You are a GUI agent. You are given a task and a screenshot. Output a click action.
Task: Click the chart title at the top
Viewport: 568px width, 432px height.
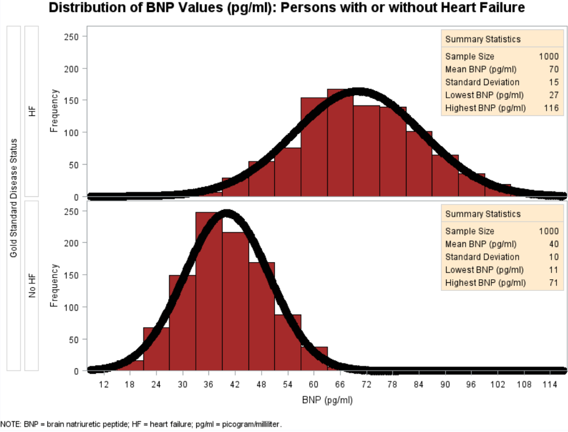coord(286,8)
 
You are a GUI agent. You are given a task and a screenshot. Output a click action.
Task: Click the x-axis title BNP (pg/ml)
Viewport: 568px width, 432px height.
coord(328,400)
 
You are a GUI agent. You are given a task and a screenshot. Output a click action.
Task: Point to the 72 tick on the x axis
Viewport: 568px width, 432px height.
coord(366,385)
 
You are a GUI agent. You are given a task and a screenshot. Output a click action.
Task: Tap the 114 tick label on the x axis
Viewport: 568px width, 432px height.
coord(550,385)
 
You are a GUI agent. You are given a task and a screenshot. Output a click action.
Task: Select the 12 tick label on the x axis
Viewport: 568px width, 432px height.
coord(104,385)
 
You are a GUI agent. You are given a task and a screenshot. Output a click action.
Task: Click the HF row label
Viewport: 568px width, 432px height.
coord(32,111)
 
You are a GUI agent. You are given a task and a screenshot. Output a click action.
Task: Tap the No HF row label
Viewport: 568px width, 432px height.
coord(32,286)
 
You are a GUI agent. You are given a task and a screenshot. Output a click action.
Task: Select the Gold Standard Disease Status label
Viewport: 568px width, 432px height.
coord(13,198)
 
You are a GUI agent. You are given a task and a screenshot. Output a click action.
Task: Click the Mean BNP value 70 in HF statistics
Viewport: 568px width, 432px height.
coord(553,69)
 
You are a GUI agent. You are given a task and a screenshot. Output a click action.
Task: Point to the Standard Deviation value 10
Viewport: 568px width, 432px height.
coord(553,257)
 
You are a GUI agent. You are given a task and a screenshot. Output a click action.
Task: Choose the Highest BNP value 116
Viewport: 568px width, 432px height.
coord(551,109)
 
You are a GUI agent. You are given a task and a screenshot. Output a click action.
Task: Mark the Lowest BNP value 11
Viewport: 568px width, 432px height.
coord(553,270)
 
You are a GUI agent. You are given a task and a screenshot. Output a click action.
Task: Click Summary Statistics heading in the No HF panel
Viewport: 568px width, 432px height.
coord(483,214)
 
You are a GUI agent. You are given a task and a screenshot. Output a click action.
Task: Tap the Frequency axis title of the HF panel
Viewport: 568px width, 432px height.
coord(55,111)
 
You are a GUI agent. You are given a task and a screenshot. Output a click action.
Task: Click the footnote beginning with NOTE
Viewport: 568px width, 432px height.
coord(142,425)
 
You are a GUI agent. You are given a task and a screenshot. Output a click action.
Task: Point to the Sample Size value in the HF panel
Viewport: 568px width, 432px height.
coord(548,56)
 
